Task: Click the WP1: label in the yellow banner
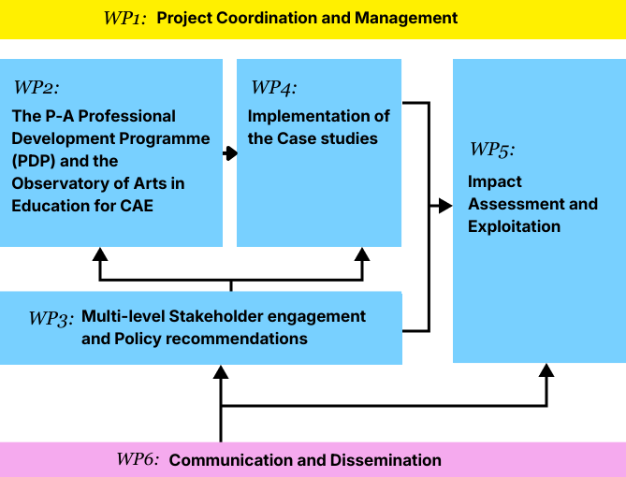click(124, 18)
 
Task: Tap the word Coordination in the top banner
click(257, 18)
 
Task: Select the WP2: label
click(36, 88)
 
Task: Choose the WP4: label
click(273, 88)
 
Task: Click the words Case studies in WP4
click(329, 138)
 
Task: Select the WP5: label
click(492, 150)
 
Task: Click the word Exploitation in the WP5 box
click(514, 226)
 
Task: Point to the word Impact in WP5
click(495, 181)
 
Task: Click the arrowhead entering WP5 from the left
click(445, 205)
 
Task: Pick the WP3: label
click(51, 318)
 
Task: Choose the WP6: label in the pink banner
click(138, 460)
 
